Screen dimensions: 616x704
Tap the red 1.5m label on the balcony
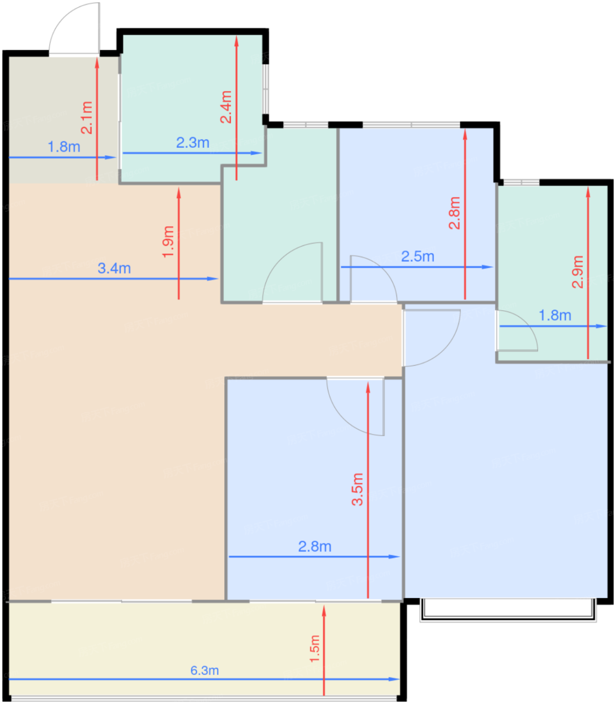(315, 649)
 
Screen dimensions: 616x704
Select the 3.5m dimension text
(357, 489)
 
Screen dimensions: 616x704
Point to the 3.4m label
(114, 269)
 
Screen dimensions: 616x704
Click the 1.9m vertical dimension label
(168, 241)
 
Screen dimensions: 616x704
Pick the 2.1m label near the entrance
(86, 118)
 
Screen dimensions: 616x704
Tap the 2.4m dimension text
(226, 107)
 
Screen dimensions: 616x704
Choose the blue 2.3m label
(193, 143)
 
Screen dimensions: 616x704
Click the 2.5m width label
(418, 256)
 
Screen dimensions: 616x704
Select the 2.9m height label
(577, 272)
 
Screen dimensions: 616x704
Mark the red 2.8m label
(454, 213)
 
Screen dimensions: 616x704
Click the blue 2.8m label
(315, 547)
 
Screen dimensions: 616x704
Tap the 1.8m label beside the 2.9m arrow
(555, 315)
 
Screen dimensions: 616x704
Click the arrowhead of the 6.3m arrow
(394, 679)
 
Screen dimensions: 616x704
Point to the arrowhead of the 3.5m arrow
(368, 387)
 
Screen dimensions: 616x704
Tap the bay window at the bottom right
(508, 610)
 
